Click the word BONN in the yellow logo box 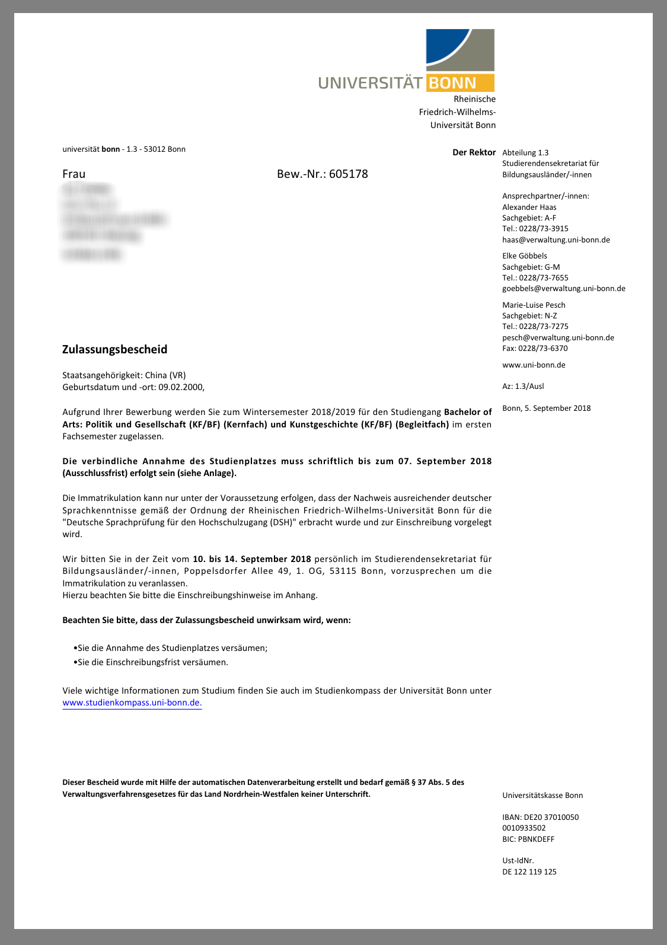coord(452,83)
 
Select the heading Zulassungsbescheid coord(114,349)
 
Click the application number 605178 coord(349,174)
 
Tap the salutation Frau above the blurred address coord(74,174)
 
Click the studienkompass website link coord(132,703)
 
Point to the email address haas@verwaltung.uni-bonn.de coord(556,240)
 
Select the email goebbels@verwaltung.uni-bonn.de coord(563,288)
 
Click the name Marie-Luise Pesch coord(534,305)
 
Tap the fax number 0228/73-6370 coord(543,348)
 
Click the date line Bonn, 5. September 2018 coord(546,408)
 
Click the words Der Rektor coord(474,152)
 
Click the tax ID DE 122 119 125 coord(529,871)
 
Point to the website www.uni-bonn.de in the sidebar coord(534,365)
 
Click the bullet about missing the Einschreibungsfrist coord(152,662)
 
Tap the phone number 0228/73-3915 coord(543,228)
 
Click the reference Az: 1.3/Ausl coord(523,386)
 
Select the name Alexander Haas coord(529,207)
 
